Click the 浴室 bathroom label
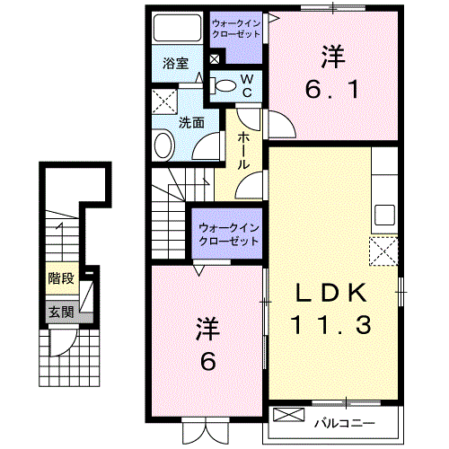pyautogui.click(x=175, y=64)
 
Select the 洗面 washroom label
pyautogui.click(x=190, y=122)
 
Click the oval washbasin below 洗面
pyautogui.click(x=164, y=145)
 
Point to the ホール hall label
pyautogui.click(x=244, y=152)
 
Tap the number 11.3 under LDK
pyautogui.click(x=330, y=325)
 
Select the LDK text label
pyautogui.click(x=330, y=294)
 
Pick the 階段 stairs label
pyautogui.click(x=60, y=278)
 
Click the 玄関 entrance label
pyautogui.click(x=60, y=313)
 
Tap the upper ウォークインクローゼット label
pyautogui.click(x=235, y=28)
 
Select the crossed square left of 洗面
pyautogui.click(x=163, y=101)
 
